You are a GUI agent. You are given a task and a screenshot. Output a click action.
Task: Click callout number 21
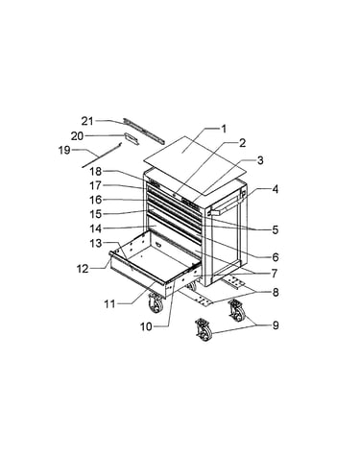pos(87,121)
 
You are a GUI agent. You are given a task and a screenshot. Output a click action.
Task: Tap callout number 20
pos(77,136)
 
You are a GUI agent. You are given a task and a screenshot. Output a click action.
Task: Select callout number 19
pos(64,150)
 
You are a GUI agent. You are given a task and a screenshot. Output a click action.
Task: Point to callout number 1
pos(224,129)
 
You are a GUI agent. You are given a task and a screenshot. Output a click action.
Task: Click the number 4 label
pos(275,189)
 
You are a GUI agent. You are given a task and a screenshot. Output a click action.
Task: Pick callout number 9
pos(276,325)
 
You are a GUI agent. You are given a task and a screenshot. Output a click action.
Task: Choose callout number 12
pos(83,269)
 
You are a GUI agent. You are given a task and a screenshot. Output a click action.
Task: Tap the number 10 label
pos(146,326)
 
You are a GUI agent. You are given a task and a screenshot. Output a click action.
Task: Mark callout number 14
pos(96,228)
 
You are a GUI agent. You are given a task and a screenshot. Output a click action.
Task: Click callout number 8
pos(276,292)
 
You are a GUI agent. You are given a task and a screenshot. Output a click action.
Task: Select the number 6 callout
pos(276,257)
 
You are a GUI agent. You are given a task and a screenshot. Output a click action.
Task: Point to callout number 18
pos(96,172)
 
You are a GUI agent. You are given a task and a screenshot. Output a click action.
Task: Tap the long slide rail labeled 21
pos(144,131)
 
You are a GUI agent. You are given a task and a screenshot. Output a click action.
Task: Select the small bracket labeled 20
pos(132,139)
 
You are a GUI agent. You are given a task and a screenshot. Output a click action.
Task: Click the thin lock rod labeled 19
pos(102,156)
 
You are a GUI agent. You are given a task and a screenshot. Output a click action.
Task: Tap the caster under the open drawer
pos(156,302)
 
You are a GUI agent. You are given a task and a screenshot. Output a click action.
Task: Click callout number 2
pos(243,143)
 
